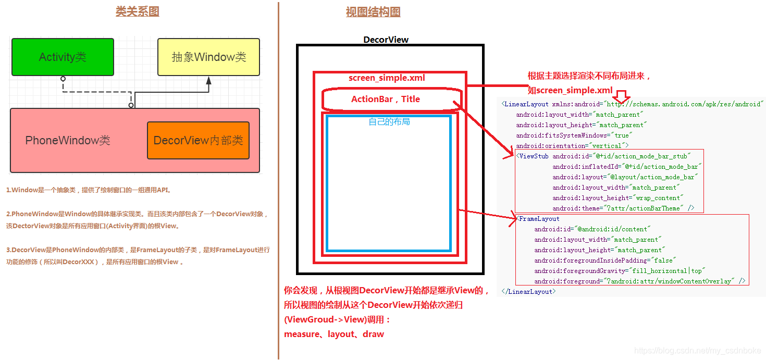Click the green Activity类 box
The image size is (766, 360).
[x=63, y=57]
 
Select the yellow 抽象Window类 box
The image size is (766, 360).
[x=208, y=57]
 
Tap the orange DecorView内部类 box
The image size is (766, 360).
[x=198, y=140]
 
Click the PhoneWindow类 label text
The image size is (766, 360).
[x=68, y=140]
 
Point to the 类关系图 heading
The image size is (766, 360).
[x=137, y=11]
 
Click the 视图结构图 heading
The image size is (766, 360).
[x=373, y=12]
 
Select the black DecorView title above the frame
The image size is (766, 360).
[x=386, y=40]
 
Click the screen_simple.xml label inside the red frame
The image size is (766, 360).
[x=387, y=78]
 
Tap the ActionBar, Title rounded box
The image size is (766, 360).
[x=386, y=99]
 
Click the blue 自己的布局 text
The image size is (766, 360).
[x=389, y=121]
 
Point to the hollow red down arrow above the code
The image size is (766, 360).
[x=621, y=96]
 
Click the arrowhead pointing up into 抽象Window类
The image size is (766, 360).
[x=209, y=81]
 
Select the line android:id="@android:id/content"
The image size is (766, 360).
[x=592, y=229]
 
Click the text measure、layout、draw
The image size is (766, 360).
[x=334, y=334]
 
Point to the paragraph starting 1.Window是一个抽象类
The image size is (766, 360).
[x=89, y=190]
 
